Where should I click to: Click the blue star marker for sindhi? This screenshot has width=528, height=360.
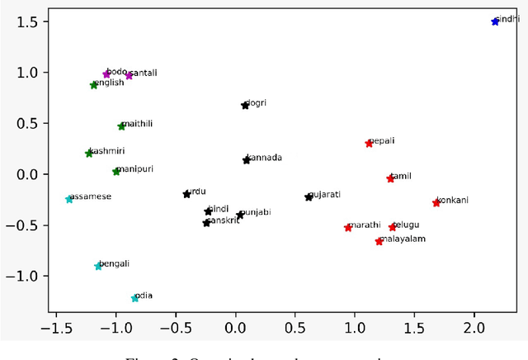coord(495,21)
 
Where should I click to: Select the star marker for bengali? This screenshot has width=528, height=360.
coord(98,266)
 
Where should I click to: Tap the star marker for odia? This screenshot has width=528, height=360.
coord(134,298)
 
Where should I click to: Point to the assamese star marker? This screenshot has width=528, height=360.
coord(69,199)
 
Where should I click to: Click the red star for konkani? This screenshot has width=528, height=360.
coord(436,202)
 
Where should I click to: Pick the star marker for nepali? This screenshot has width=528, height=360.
coord(369,144)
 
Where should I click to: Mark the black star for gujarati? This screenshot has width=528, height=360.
coord(309,197)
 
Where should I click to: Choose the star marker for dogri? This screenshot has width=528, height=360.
coord(245,106)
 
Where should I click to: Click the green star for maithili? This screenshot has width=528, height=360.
coord(121,126)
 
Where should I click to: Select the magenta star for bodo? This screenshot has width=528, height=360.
coord(106,74)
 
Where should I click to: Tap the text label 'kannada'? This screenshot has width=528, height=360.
coord(266,158)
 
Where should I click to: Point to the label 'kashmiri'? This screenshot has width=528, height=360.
coord(106,151)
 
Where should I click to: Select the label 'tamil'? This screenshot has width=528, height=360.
coord(401,176)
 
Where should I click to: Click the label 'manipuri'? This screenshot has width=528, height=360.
coord(134,169)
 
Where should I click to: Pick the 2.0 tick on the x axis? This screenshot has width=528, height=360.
coord(474,329)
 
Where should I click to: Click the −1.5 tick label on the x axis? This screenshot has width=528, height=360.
coord(56,329)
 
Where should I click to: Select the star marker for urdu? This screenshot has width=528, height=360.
coord(186,194)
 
